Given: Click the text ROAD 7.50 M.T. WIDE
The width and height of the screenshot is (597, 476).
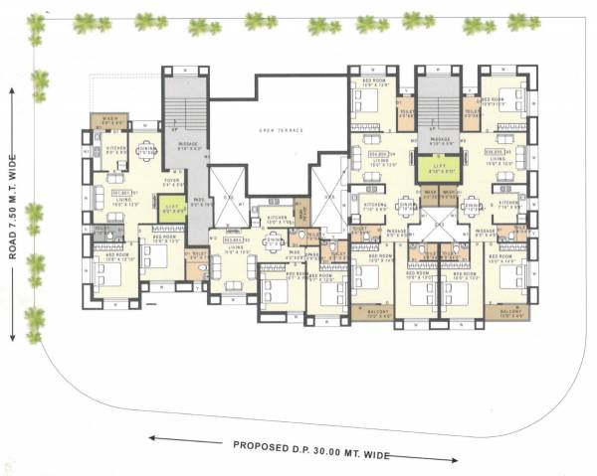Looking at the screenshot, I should [x=13, y=216].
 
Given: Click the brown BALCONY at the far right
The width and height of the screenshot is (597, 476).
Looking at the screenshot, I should [x=508, y=312].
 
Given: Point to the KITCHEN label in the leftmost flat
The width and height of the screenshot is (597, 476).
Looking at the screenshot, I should [x=114, y=149].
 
